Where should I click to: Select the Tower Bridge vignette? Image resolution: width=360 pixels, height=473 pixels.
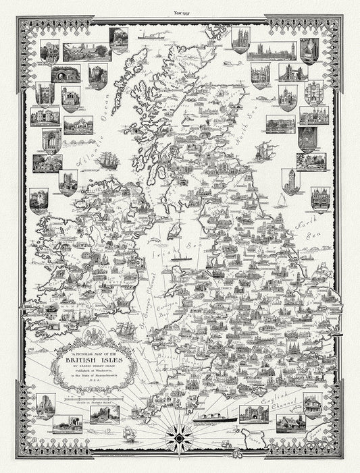(x=292, y=72)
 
